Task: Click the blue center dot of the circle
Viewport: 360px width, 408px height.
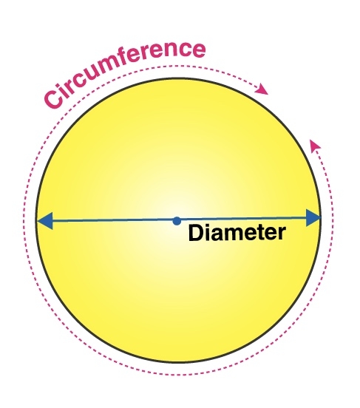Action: (x=177, y=221)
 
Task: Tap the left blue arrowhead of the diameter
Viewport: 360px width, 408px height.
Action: (x=45, y=221)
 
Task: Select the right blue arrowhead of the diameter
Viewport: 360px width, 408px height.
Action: (x=313, y=217)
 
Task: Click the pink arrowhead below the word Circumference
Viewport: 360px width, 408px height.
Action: (x=262, y=89)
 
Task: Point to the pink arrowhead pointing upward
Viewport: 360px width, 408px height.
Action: (x=314, y=144)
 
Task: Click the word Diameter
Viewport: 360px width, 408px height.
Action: (x=237, y=232)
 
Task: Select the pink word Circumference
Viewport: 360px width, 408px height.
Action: (x=125, y=74)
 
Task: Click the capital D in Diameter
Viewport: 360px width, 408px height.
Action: (x=196, y=233)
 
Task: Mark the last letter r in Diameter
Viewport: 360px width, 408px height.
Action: (x=282, y=233)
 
